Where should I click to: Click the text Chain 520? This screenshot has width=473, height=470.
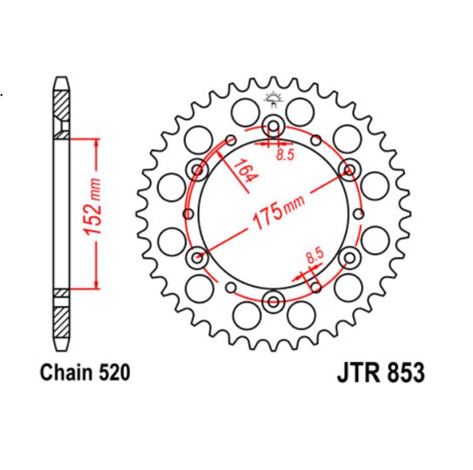85,372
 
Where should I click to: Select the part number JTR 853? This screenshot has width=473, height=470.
376,372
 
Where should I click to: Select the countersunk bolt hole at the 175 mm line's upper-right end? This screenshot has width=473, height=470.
348,170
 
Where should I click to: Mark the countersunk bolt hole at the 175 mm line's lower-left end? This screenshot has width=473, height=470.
198,257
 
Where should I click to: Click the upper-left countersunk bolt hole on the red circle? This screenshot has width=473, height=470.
198,170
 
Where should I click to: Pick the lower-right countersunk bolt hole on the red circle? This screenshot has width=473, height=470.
348,257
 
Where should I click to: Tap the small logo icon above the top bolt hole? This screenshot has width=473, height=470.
273,99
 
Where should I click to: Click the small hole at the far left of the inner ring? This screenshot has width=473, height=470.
187,213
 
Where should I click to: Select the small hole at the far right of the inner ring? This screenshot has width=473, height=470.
360,213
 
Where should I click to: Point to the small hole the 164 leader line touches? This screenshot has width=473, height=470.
231,140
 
